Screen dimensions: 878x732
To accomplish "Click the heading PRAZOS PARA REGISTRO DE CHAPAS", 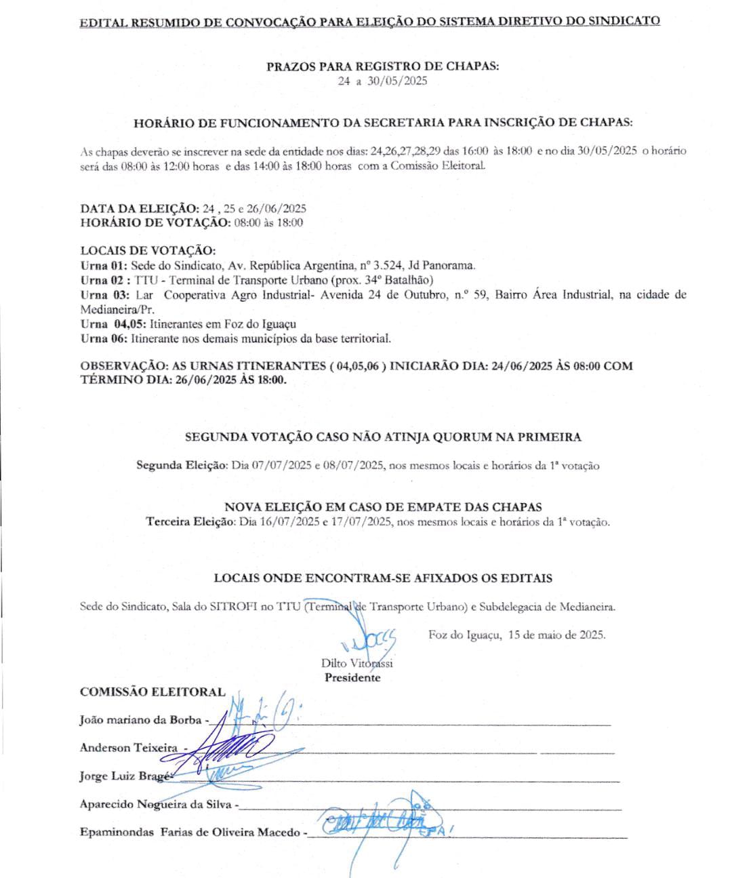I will [383, 66].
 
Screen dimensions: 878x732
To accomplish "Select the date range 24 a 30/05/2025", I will [383, 81].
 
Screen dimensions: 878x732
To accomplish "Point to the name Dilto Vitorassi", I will [357, 663].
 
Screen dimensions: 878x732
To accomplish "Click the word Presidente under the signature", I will [352, 677].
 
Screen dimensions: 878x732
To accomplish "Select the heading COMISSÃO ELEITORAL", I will [152, 692].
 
